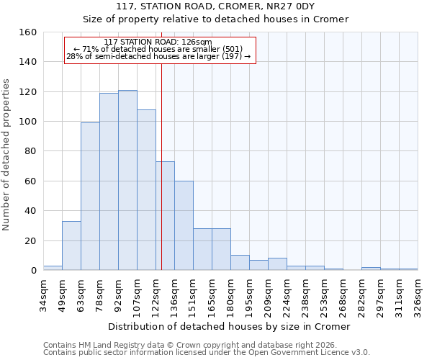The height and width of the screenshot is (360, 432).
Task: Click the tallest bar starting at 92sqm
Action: pyautogui.click(x=127, y=180)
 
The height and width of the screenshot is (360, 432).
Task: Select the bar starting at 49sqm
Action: pyautogui.click(x=71, y=246)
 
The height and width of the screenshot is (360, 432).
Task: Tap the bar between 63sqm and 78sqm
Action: pyautogui.click(x=90, y=196)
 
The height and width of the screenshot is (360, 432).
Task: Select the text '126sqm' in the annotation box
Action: pyautogui.click(x=198, y=42)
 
